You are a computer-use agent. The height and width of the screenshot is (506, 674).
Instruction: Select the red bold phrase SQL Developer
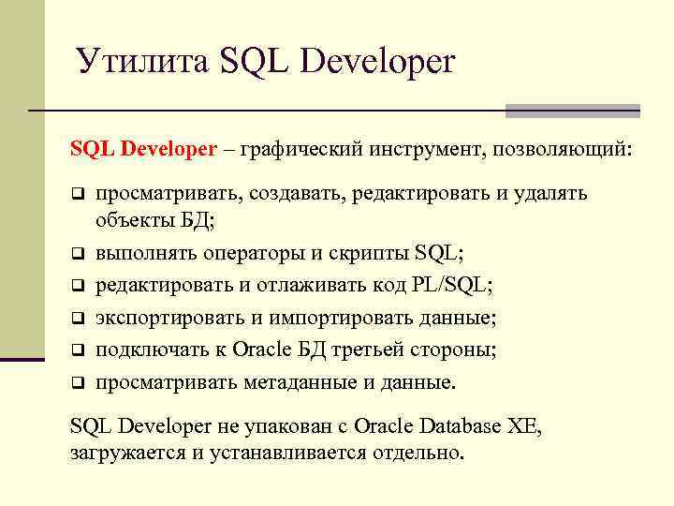(x=143, y=149)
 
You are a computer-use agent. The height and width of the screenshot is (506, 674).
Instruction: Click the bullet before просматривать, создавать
(x=80, y=194)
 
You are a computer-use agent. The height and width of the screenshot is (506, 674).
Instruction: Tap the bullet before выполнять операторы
(x=80, y=253)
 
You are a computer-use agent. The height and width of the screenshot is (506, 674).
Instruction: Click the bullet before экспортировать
(x=80, y=318)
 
